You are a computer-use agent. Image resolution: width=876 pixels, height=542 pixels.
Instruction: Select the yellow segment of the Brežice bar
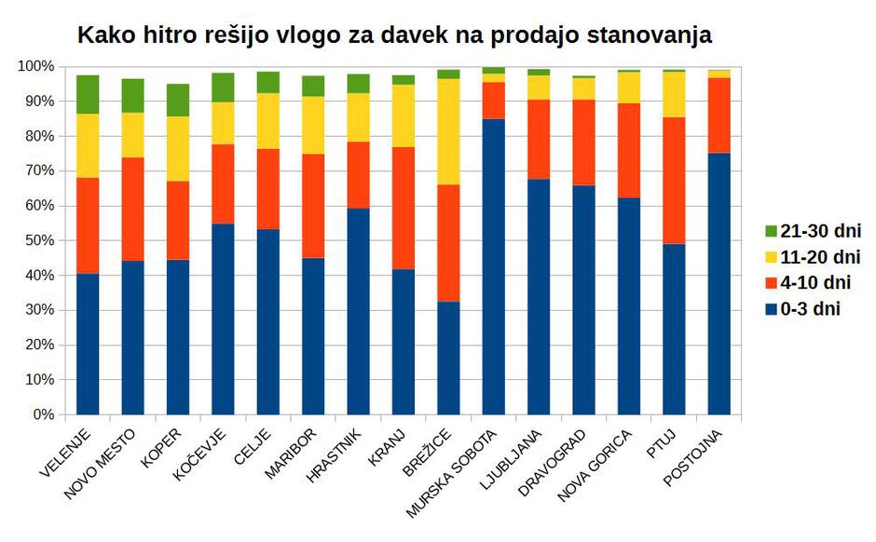click(448, 131)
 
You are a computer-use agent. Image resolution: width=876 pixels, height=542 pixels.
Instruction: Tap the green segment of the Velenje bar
click(88, 94)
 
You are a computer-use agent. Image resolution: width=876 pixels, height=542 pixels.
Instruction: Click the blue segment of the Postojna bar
click(719, 283)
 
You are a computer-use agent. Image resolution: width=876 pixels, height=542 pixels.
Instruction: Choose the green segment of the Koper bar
click(178, 100)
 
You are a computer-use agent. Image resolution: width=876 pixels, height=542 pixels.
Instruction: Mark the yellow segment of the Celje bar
click(268, 120)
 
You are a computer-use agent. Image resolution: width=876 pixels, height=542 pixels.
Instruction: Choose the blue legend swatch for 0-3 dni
click(771, 309)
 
